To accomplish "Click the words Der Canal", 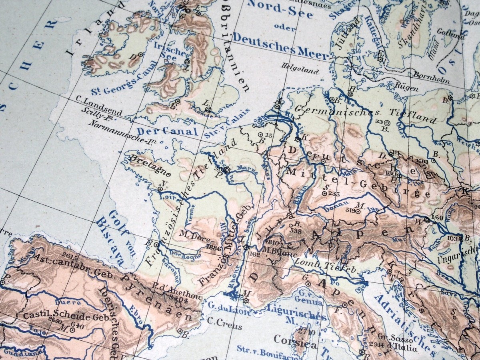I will pos(167,131).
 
